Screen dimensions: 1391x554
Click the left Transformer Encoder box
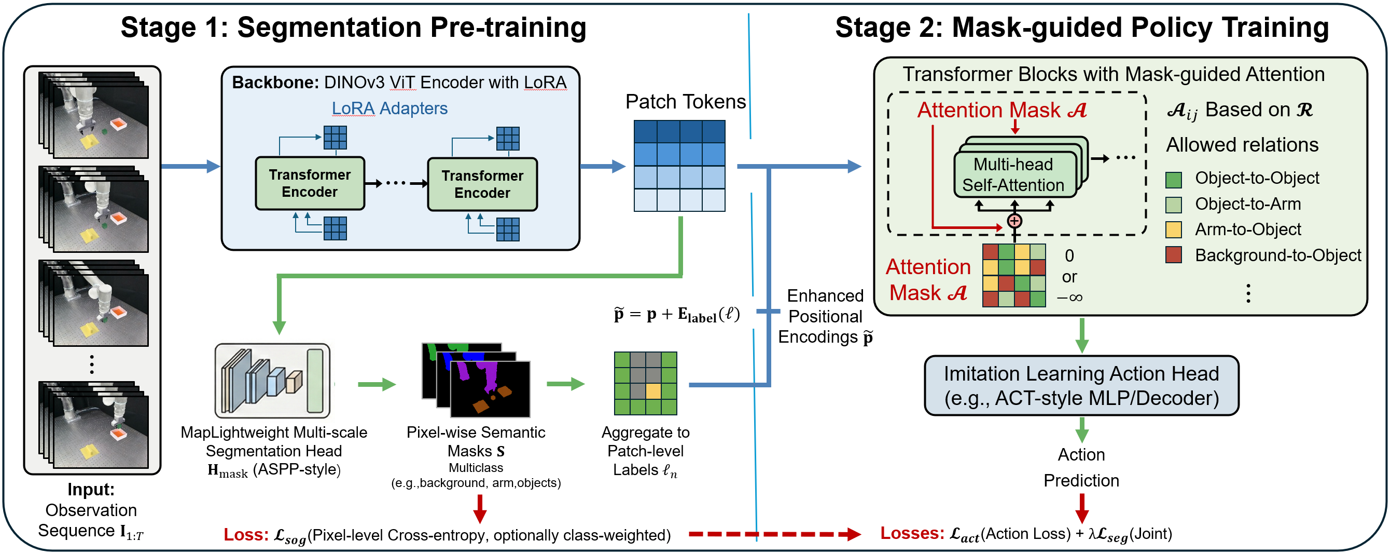(x=310, y=183)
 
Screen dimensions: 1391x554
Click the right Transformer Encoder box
(x=482, y=184)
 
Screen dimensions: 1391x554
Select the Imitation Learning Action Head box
(x=1081, y=385)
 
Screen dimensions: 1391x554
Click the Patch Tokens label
(x=685, y=102)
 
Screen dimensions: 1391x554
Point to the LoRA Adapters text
(x=390, y=108)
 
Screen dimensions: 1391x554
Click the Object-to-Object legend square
(x=1173, y=180)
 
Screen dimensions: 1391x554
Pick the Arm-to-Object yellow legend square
(x=1173, y=229)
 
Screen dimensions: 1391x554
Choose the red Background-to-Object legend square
(x=1173, y=254)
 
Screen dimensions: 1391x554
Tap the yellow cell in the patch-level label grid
(x=653, y=391)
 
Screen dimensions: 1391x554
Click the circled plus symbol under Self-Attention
(x=1014, y=221)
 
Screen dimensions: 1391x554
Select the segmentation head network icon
(x=273, y=381)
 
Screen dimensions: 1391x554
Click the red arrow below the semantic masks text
(x=480, y=509)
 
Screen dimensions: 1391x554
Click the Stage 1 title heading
(x=354, y=27)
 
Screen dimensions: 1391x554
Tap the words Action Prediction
(x=1081, y=467)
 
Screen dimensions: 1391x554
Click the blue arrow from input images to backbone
(x=191, y=166)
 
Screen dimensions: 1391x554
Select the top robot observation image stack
(x=93, y=115)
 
